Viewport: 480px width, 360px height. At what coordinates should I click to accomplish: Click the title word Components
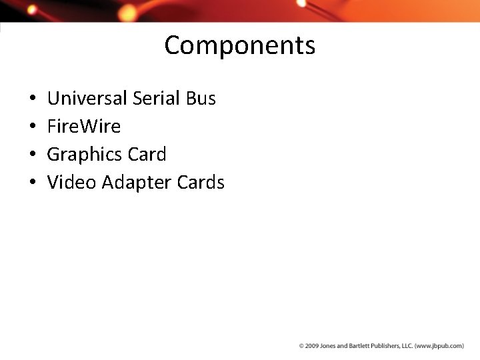click(239, 46)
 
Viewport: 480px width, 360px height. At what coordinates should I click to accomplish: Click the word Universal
click(87, 99)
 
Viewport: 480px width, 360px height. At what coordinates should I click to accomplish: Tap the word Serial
click(156, 99)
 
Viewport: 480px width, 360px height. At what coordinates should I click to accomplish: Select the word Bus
click(201, 99)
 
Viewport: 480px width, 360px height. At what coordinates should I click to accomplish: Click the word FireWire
click(84, 127)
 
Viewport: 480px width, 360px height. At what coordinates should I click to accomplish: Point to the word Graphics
click(85, 155)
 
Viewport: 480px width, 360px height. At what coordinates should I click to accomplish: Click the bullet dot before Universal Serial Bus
click(33, 99)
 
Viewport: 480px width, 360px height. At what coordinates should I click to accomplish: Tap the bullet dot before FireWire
click(33, 127)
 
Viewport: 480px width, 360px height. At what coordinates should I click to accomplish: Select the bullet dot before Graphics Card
click(33, 155)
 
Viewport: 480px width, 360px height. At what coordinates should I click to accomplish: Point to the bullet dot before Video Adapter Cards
click(33, 183)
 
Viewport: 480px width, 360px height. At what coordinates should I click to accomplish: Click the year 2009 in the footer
click(311, 346)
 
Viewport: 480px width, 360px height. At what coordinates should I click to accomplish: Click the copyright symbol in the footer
click(301, 346)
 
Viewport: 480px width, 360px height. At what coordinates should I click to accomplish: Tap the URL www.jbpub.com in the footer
click(439, 346)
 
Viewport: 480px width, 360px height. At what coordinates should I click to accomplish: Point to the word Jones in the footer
click(327, 346)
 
